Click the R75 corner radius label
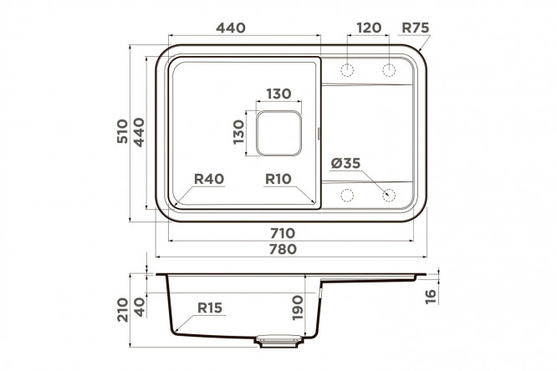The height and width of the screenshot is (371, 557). (416, 28)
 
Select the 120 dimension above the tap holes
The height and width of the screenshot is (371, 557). (369, 28)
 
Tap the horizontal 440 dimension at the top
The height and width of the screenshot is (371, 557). (231, 28)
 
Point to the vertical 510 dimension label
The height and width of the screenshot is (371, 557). (122, 131)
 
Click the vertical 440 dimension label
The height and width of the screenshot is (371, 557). (139, 132)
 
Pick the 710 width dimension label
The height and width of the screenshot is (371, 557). (283, 233)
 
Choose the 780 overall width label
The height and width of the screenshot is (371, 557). (283, 249)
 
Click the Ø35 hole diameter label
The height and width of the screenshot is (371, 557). (345, 163)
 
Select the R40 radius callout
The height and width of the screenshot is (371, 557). (209, 179)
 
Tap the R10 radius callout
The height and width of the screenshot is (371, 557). (278, 179)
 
